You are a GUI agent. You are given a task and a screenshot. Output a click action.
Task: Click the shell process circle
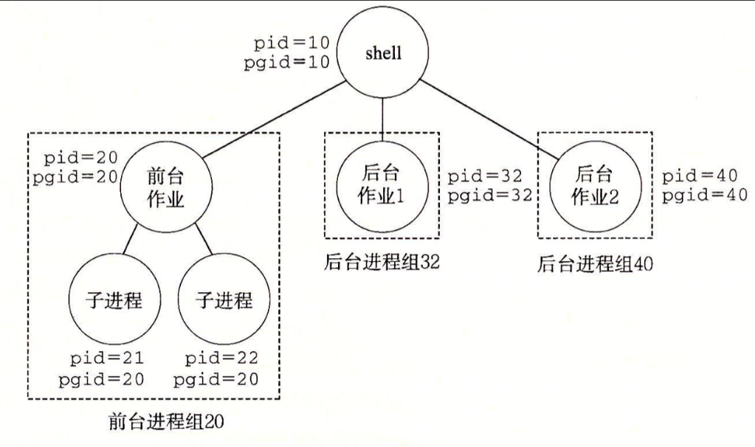pyautogui.click(x=382, y=54)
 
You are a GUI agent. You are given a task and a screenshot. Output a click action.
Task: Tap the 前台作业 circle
pyautogui.click(x=165, y=188)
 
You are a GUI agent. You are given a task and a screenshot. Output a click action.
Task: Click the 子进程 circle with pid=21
pyautogui.click(x=114, y=301)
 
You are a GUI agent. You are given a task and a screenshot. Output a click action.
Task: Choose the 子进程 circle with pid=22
pyautogui.click(x=224, y=301)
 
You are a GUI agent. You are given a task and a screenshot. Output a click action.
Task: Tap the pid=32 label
pyautogui.click(x=486, y=177)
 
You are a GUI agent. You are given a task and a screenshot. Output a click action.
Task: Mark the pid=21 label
pyautogui.click(x=105, y=359)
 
